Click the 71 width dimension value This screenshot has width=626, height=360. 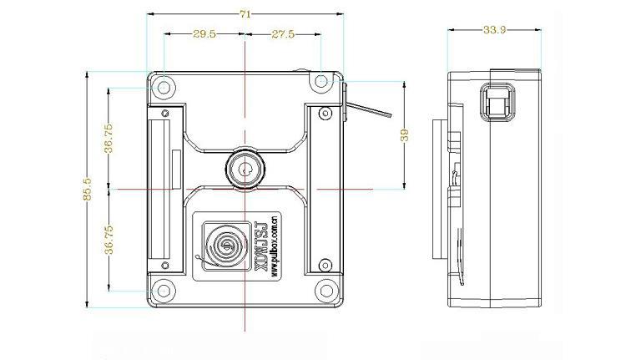pyautogui.click(x=245, y=14)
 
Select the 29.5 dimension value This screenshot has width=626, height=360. pyautogui.click(x=204, y=34)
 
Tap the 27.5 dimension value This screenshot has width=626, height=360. pyautogui.click(x=283, y=34)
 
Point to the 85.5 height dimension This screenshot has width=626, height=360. pyautogui.click(x=88, y=189)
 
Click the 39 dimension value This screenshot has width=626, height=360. pyautogui.click(x=405, y=135)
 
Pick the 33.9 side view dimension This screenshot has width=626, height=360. pyautogui.click(x=495, y=29)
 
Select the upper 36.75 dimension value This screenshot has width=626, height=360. pyautogui.click(x=109, y=139)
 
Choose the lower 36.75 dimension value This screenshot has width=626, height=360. pyautogui.click(x=109, y=240)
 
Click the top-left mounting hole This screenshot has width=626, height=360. pyautogui.click(x=164, y=87)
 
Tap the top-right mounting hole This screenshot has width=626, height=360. pyautogui.click(x=321, y=81)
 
